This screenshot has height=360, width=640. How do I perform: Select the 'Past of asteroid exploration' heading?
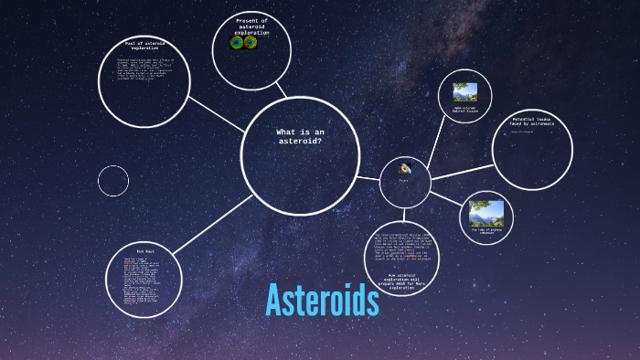click(x=144, y=45)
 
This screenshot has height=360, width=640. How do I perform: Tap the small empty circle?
click(x=113, y=180)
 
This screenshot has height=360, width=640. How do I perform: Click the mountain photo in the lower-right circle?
click(x=485, y=213)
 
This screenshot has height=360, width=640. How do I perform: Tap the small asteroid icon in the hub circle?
click(x=404, y=170)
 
